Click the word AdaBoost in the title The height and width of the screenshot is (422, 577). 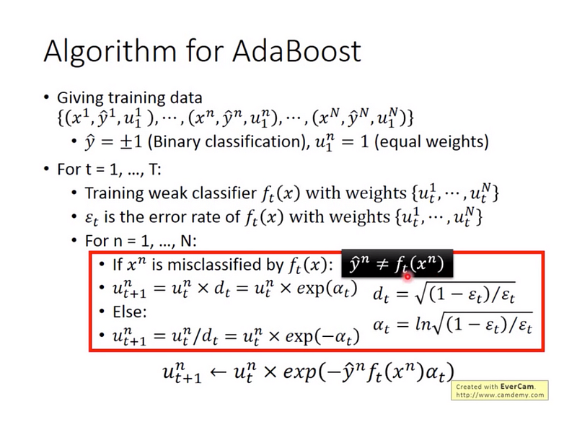[296, 50]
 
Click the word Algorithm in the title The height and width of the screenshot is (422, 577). [110, 52]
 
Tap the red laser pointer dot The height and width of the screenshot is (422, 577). [408, 276]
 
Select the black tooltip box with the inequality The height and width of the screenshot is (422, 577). [397, 264]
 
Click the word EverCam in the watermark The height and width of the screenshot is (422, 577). [517, 387]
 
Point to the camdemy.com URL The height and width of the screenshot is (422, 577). [500, 395]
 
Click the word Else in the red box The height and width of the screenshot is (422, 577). [130, 312]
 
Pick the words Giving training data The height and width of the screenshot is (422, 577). [130, 98]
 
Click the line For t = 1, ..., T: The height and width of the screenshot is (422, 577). [109, 170]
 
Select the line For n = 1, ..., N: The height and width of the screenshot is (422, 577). [141, 241]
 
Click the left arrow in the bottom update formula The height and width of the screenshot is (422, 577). [218, 372]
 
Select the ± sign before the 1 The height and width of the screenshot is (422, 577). [125, 142]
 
